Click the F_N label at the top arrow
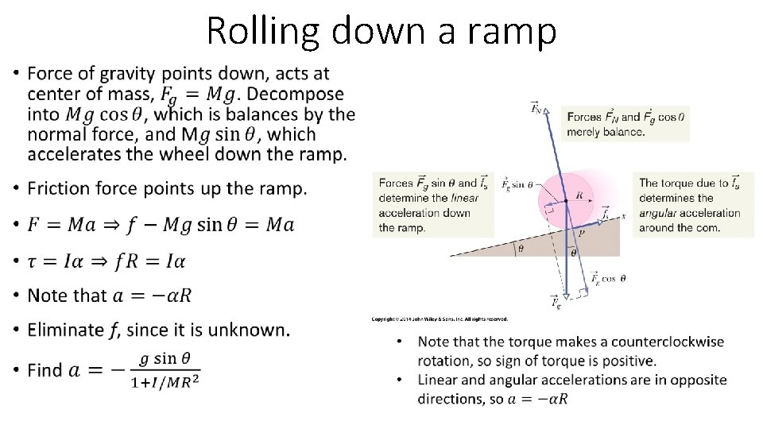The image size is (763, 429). tap(538, 108)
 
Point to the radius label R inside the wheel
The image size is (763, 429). tap(579, 194)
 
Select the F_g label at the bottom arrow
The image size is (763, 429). tap(556, 302)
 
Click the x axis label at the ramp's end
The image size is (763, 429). tap(625, 215)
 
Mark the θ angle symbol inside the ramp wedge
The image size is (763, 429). tap(521, 248)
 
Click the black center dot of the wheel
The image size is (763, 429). tap(566, 201)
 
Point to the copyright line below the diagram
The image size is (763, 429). tap(440, 319)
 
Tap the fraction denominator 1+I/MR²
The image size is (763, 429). tap(166, 381)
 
